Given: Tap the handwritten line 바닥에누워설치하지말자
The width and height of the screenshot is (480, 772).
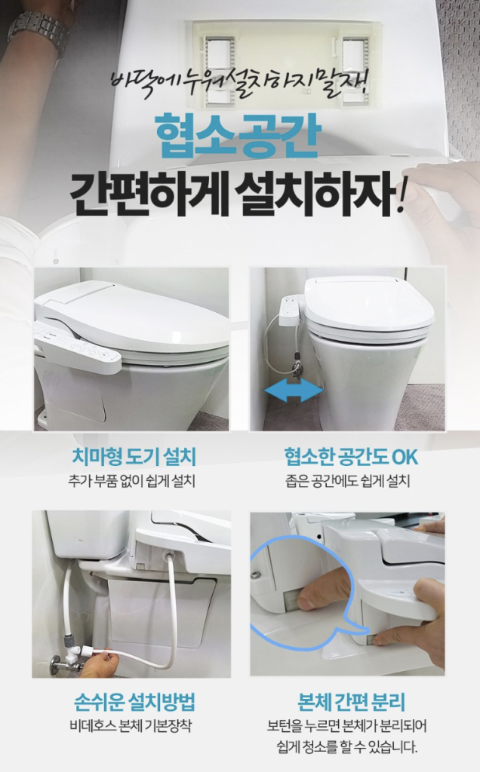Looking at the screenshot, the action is click(x=239, y=82).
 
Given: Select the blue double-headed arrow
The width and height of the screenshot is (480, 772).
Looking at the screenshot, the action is click(x=294, y=391).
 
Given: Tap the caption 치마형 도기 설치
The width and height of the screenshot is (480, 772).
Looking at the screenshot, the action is click(x=134, y=457).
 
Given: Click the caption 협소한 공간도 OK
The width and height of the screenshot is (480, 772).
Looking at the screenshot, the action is click(x=351, y=457).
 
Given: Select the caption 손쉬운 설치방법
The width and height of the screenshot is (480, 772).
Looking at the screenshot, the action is click(x=134, y=701).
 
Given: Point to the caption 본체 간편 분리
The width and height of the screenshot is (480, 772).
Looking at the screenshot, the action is click(x=352, y=701).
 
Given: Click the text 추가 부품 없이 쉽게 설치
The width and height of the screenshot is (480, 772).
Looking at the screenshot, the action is click(x=131, y=481).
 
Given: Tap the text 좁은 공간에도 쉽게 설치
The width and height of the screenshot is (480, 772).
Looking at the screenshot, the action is click(x=347, y=481).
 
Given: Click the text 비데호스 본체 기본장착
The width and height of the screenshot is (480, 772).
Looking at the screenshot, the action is click(x=131, y=726).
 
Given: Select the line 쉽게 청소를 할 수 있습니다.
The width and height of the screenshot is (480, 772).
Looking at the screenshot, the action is click(x=347, y=746).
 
